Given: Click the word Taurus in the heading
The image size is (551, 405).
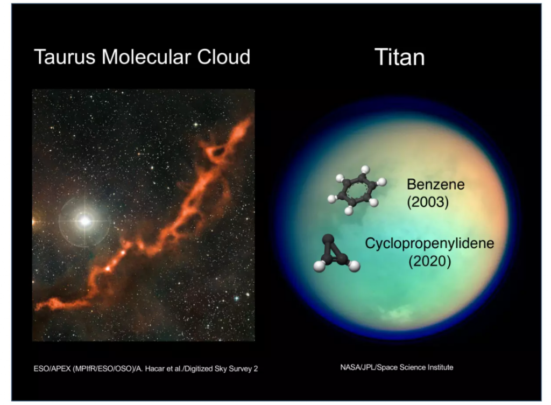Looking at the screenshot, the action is pyautogui.click(x=65, y=57).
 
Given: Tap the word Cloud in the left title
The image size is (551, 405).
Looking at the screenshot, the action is pyautogui.click(x=223, y=57).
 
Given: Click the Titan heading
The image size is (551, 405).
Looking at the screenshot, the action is pyautogui.click(x=400, y=57).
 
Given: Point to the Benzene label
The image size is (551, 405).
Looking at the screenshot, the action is pyautogui.click(x=435, y=184).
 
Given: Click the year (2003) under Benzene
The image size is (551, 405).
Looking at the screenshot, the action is pyautogui.click(x=428, y=202).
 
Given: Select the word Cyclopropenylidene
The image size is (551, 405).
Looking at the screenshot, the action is pyautogui.click(x=429, y=243).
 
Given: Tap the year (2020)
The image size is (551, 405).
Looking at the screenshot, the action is pyautogui.click(x=429, y=261).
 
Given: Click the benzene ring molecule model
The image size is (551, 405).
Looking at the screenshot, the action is pyautogui.click(x=356, y=190).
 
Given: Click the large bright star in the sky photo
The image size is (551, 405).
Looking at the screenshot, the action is pyautogui.click(x=84, y=221).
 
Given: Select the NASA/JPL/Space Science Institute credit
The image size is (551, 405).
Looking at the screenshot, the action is pyautogui.click(x=397, y=367).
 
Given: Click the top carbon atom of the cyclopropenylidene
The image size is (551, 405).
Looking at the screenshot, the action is pyautogui.click(x=328, y=240).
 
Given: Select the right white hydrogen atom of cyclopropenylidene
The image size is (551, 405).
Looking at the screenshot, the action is pyautogui.click(x=354, y=266).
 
